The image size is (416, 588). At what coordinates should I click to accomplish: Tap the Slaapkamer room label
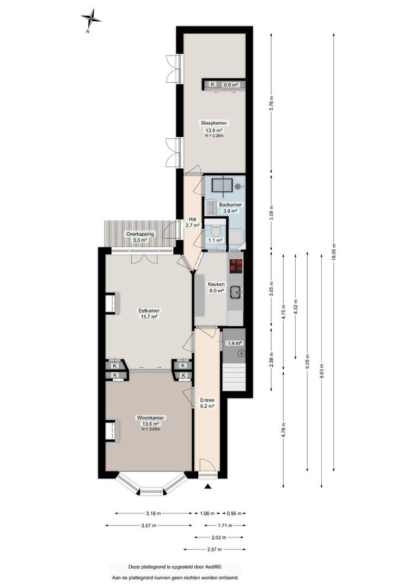point(214,122)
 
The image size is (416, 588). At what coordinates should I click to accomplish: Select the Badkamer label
point(230,205)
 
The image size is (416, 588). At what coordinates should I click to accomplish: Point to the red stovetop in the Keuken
point(236,265)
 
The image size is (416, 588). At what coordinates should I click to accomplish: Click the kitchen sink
point(236,292)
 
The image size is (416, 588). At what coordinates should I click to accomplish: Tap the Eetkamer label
point(149,310)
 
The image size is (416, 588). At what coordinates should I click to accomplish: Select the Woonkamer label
point(151,418)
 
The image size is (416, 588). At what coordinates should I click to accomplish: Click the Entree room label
point(207,400)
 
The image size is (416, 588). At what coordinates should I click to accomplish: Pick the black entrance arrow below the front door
point(208,486)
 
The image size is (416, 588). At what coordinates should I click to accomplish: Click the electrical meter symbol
point(242,353)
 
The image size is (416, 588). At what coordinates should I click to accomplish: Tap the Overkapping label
point(140,234)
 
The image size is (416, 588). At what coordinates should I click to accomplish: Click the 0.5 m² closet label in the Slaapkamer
point(231,85)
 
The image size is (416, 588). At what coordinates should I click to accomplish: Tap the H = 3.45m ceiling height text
point(151,430)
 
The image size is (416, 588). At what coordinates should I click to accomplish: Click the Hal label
point(193,219)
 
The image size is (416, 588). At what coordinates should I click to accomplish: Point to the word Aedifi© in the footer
point(217,567)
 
